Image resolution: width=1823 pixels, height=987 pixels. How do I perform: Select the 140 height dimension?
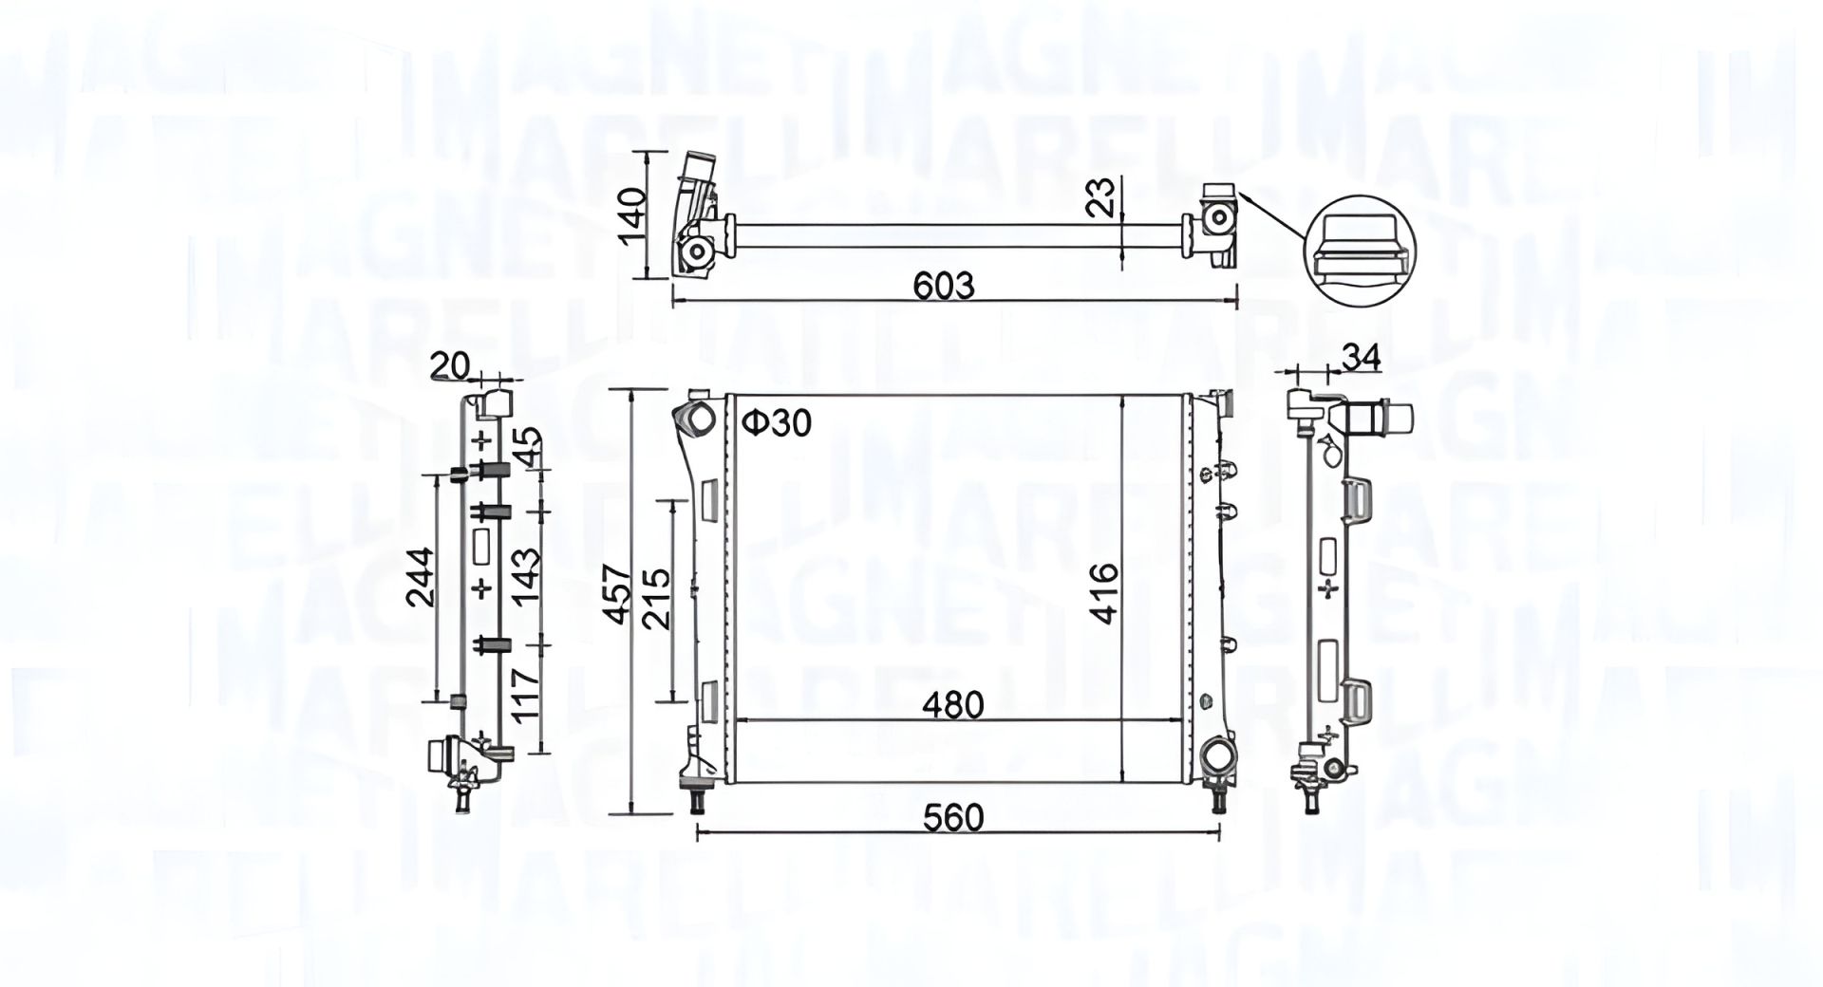tap(634, 215)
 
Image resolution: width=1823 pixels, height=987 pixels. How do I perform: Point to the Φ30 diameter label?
tap(776, 423)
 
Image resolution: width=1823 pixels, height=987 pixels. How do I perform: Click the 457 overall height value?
tap(619, 594)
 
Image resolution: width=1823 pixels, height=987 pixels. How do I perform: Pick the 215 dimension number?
tap(656, 598)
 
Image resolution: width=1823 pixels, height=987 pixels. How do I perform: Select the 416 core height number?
tap(1103, 593)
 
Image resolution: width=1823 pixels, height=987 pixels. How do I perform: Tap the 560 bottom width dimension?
tap(954, 816)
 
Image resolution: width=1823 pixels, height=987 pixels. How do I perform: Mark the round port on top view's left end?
tap(699, 252)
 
